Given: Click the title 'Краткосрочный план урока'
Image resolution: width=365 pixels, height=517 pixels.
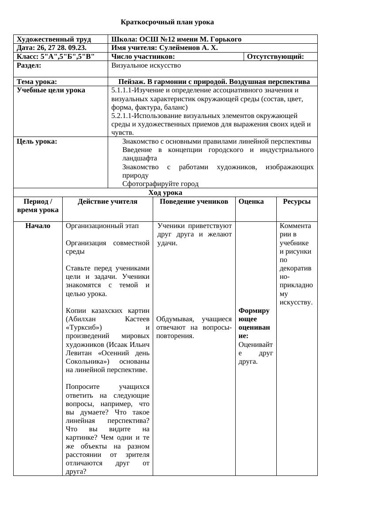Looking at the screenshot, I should (167, 22).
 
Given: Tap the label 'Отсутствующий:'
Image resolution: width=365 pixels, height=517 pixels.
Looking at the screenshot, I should (275, 57).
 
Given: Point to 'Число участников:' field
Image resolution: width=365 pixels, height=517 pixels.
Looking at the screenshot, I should (143, 57).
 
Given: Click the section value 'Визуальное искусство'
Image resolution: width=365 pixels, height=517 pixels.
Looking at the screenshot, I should (146, 65).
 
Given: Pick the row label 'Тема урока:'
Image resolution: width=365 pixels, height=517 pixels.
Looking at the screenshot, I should (37, 82).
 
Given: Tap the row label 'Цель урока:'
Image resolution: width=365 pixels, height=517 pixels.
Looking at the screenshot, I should (37, 142).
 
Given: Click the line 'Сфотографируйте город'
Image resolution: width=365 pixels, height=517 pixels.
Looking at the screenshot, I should (160, 184).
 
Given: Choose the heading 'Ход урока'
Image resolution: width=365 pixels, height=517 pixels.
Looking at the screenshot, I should (165, 193).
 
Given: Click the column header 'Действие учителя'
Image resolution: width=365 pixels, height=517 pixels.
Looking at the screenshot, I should (107, 201).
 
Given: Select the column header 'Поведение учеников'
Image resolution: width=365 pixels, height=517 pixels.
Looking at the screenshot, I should (194, 201).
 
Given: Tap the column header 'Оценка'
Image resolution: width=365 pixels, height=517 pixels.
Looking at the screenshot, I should (251, 201).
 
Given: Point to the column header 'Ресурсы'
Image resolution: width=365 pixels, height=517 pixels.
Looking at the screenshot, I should (297, 201).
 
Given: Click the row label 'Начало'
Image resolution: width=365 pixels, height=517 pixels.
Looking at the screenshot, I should (38, 226).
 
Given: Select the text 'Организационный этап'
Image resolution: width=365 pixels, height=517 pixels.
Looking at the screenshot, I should (102, 226).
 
